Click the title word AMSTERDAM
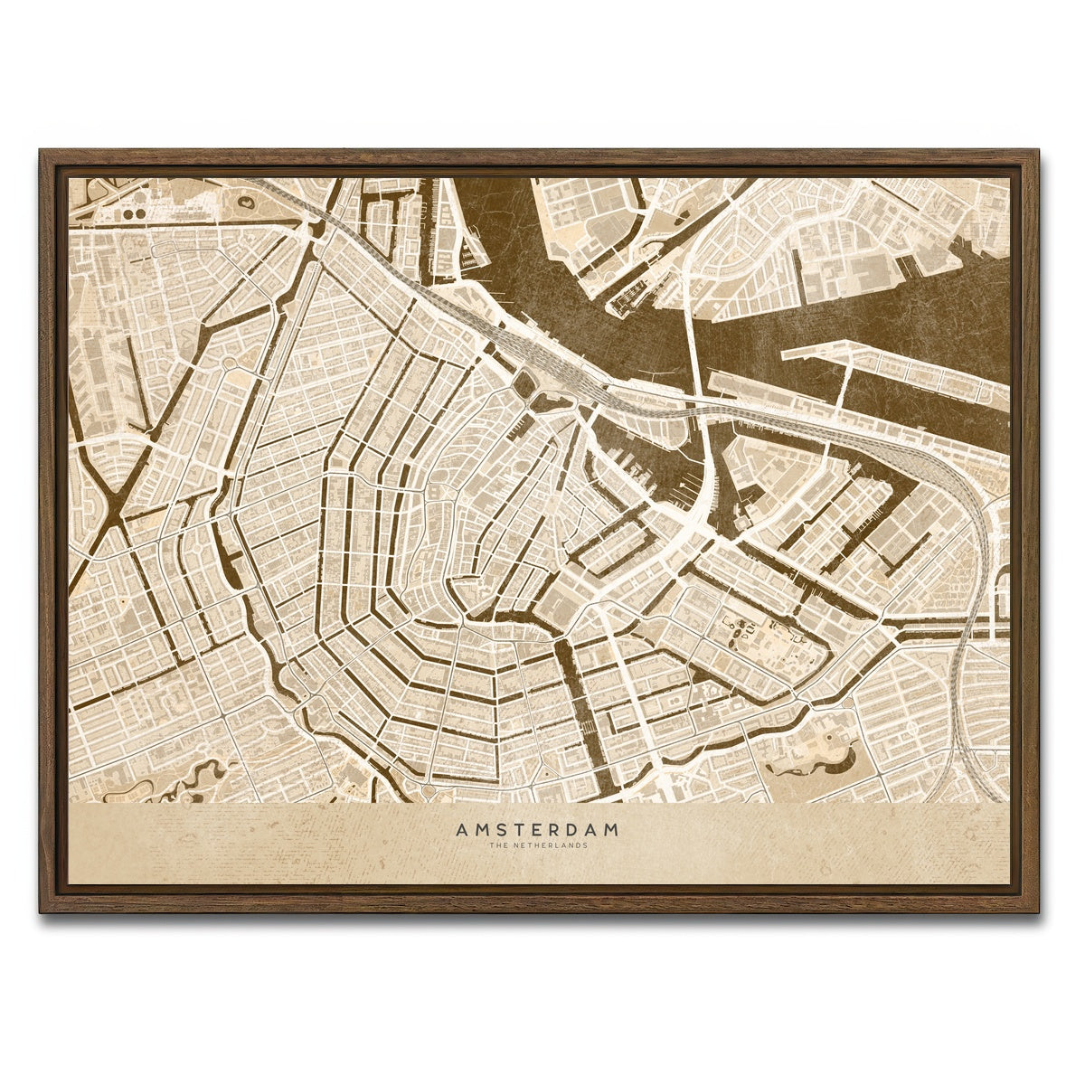(537, 829)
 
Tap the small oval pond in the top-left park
(246, 203)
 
